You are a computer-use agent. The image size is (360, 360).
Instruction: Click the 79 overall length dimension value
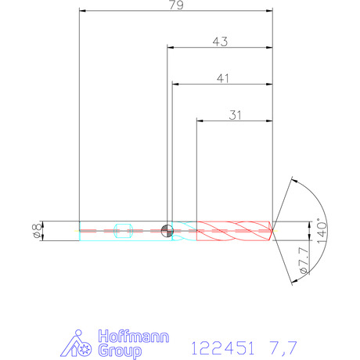(176, 5)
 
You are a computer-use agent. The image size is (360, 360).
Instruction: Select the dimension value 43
(220, 41)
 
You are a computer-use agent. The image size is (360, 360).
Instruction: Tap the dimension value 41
(223, 78)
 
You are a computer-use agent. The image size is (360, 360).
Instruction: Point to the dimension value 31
(235, 115)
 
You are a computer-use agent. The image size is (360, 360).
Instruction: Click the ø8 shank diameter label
(38, 230)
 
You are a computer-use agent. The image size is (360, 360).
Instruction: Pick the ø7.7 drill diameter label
(304, 260)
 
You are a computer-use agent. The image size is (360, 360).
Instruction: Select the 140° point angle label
(322, 231)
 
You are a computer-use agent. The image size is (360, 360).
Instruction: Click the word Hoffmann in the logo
(134, 337)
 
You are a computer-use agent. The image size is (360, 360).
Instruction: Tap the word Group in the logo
(120, 351)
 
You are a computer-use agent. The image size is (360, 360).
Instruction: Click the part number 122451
(222, 347)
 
